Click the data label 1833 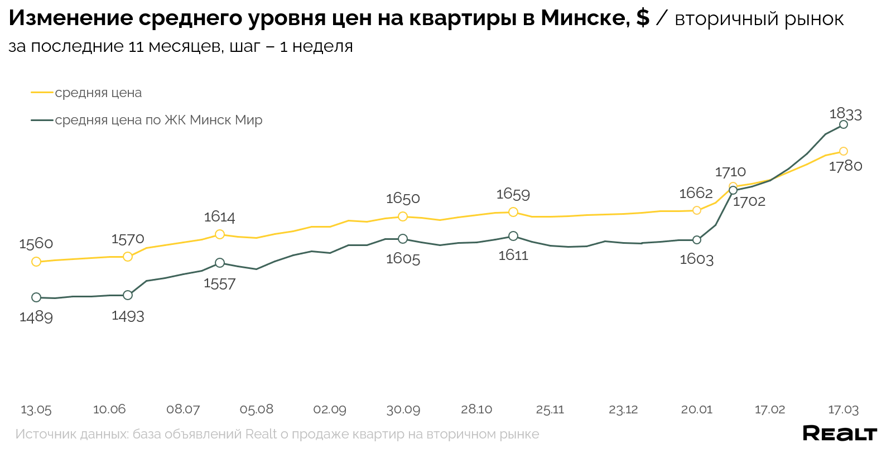pyautogui.click(x=845, y=114)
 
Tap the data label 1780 pyautogui.click(x=845, y=166)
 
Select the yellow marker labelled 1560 pyautogui.click(x=36, y=262)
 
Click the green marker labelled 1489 pyautogui.click(x=36, y=297)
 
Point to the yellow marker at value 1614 pyautogui.click(x=220, y=234)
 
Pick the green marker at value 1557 pyautogui.click(x=220, y=263)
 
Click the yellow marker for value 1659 pyautogui.click(x=513, y=212)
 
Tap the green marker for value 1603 pyautogui.click(x=697, y=240)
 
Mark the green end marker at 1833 pyautogui.click(x=844, y=124)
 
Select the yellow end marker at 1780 pyautogui.click(x=844, y=151)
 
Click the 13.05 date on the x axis pyautogui.click(x=36, y=409)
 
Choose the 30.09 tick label pyautogui.click(x=403, y=409)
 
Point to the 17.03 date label pyautogui.click(x=843, y=409)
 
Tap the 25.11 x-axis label pyautogui.click(x=550, y=409)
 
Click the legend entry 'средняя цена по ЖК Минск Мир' pyautogui.click(x=158, y=120)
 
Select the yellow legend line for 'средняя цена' pyautogui.click(x=42, y=93)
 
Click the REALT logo pyautogui.click(x=840, y=433)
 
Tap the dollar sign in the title pyautogui.click(x=643, y=18)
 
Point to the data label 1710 pyautogui.click(x=730, y=172)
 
